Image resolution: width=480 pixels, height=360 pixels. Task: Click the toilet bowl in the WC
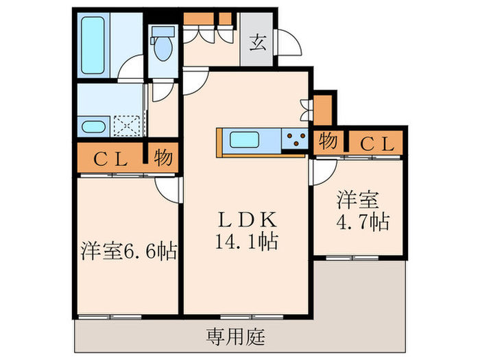[x=163, y=49]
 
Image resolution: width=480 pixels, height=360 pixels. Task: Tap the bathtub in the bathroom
[x=93, y=45]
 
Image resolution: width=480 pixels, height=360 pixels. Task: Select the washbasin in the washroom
[x=93, y=127]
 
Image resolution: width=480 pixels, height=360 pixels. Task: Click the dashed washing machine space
[x=127, y=125]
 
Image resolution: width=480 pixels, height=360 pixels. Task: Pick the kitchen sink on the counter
[x=244, y=140]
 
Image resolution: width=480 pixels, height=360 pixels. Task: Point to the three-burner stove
[x=295, y=139]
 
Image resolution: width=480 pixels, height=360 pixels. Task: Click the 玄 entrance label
[x=257, y=43]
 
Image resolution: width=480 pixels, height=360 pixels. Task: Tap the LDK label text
[x=247, y=219]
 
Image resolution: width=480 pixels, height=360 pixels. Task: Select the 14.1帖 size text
[x=247, y=242]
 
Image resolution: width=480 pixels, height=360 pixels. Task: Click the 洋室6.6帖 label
[x=129, y=251]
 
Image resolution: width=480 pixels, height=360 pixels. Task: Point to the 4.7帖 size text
[x=363, y=222]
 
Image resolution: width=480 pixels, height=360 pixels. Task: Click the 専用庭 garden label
[x=235, y=337]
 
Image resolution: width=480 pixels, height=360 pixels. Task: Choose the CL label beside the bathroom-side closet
[x=110, y=159]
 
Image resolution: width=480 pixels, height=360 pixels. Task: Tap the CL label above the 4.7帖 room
[x=377, y=143]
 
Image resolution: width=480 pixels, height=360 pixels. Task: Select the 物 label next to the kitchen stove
[x=328, y=141]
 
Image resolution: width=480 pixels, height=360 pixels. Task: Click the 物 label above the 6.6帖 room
[x=163, y=158]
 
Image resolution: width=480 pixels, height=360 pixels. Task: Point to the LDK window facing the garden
[x=252, y=317]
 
